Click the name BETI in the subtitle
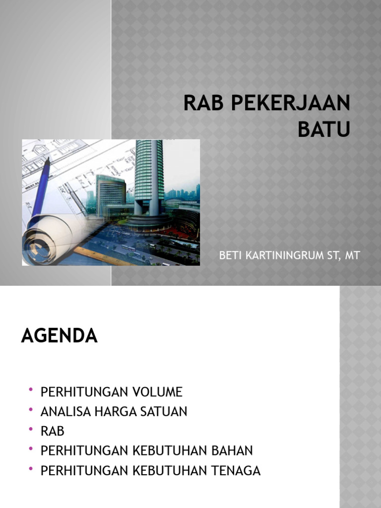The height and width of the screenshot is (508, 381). (x=229, y=256)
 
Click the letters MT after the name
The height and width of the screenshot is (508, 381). (x=353, y=256)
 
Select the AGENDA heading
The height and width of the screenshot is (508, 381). (x=60, y=336)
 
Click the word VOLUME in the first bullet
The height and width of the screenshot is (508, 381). (x=158, y=392)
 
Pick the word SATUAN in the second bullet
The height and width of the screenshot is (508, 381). (x=166, y=411)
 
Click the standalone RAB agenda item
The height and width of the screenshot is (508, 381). (x=53, y=431)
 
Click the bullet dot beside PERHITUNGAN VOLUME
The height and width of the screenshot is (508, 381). (x=31, y=390)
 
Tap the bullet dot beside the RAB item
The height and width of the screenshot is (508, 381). (x=31, y=429)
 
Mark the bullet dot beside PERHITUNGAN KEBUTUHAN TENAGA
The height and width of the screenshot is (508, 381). (x=31, y=469)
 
